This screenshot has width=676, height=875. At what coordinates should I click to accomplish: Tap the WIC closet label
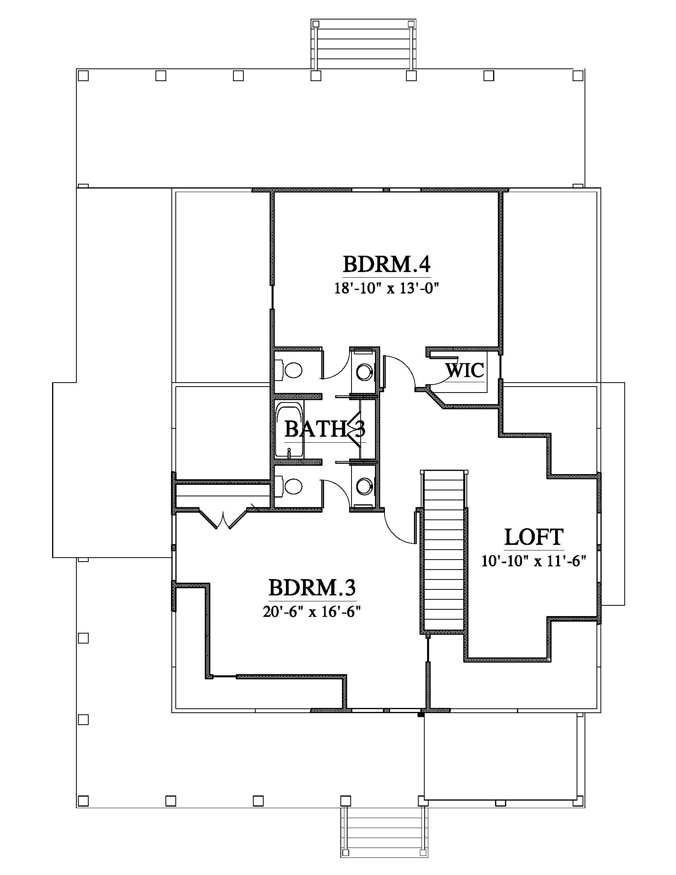coord(464,370)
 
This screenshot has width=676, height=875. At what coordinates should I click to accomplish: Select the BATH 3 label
coord(325,430)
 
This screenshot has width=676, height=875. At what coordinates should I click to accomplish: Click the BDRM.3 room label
coord(312,588)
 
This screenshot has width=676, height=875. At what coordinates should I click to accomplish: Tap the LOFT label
coord(534,537)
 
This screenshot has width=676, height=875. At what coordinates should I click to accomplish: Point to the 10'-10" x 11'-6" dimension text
coord(534,561)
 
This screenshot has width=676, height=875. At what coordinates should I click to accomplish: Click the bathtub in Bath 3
coord(289,430)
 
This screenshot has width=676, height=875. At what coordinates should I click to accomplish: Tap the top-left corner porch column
coord(83,75)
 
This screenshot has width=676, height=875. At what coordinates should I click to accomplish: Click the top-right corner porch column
coord(578,75)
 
